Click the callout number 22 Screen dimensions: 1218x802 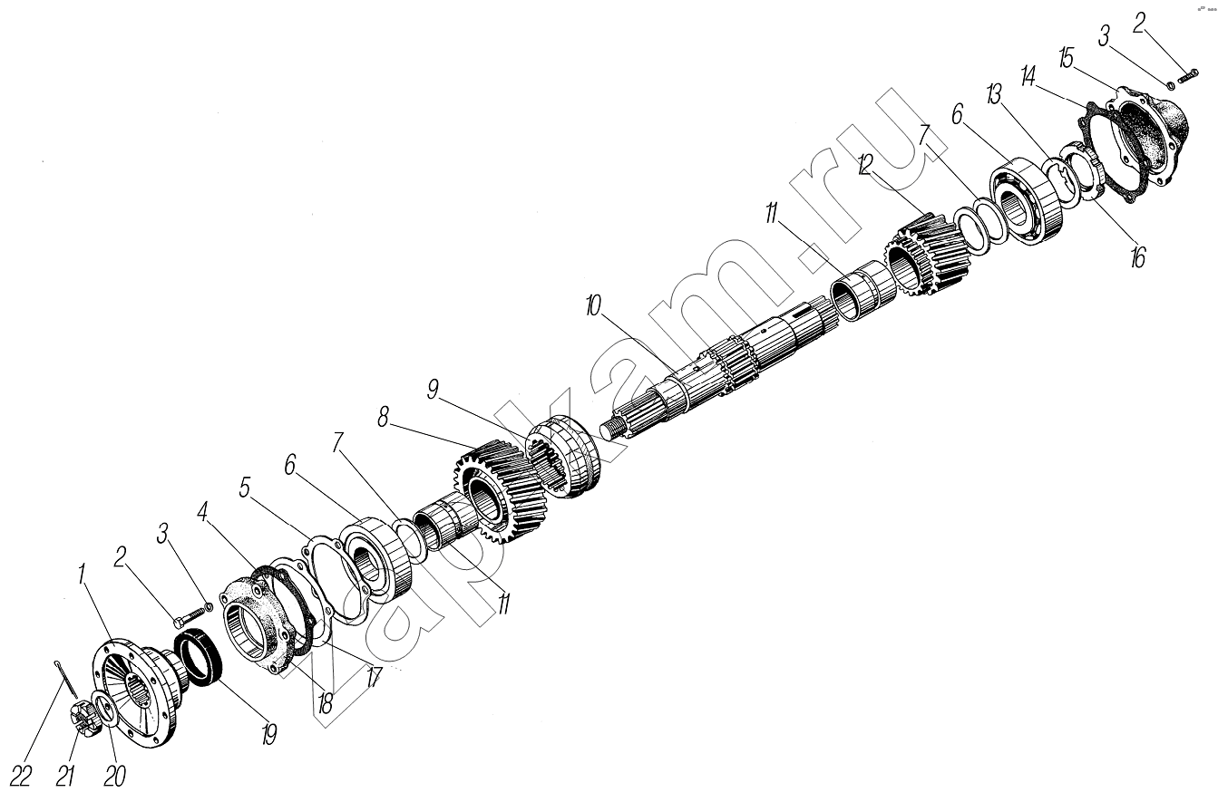coord(20,777)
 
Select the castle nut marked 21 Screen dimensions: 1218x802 coord(84,719)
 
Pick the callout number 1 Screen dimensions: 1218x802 coord(83,574)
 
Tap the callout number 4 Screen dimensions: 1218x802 coord(203,512)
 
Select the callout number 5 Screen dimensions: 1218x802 coord(245,488)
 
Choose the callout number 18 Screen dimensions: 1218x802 coord(325,705)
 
